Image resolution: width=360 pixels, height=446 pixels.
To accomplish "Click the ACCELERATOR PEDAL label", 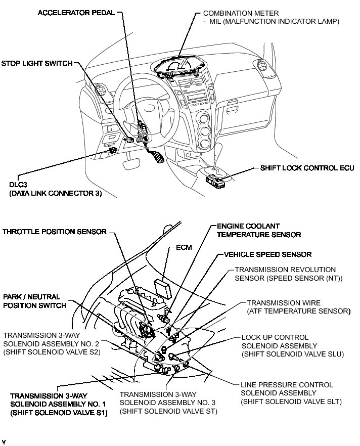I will (x=76, y=12).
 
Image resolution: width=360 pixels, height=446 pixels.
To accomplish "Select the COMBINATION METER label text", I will (x=234, y=13).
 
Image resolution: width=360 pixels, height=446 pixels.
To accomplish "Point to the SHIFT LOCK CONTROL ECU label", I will (x=307, y=167).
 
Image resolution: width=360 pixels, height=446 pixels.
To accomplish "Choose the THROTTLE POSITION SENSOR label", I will (x=54, y=232).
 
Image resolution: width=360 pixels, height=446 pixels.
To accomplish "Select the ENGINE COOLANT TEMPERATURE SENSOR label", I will (x=258, y=230).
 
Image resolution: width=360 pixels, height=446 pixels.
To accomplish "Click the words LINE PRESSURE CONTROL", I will (x=286, y=385).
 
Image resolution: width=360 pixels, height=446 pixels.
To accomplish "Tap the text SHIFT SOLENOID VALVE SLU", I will (x=292, y=354).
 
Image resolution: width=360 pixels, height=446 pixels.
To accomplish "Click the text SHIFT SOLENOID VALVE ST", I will (x=169, y=411).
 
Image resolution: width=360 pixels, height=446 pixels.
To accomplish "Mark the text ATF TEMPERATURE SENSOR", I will (x=298, y=311).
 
